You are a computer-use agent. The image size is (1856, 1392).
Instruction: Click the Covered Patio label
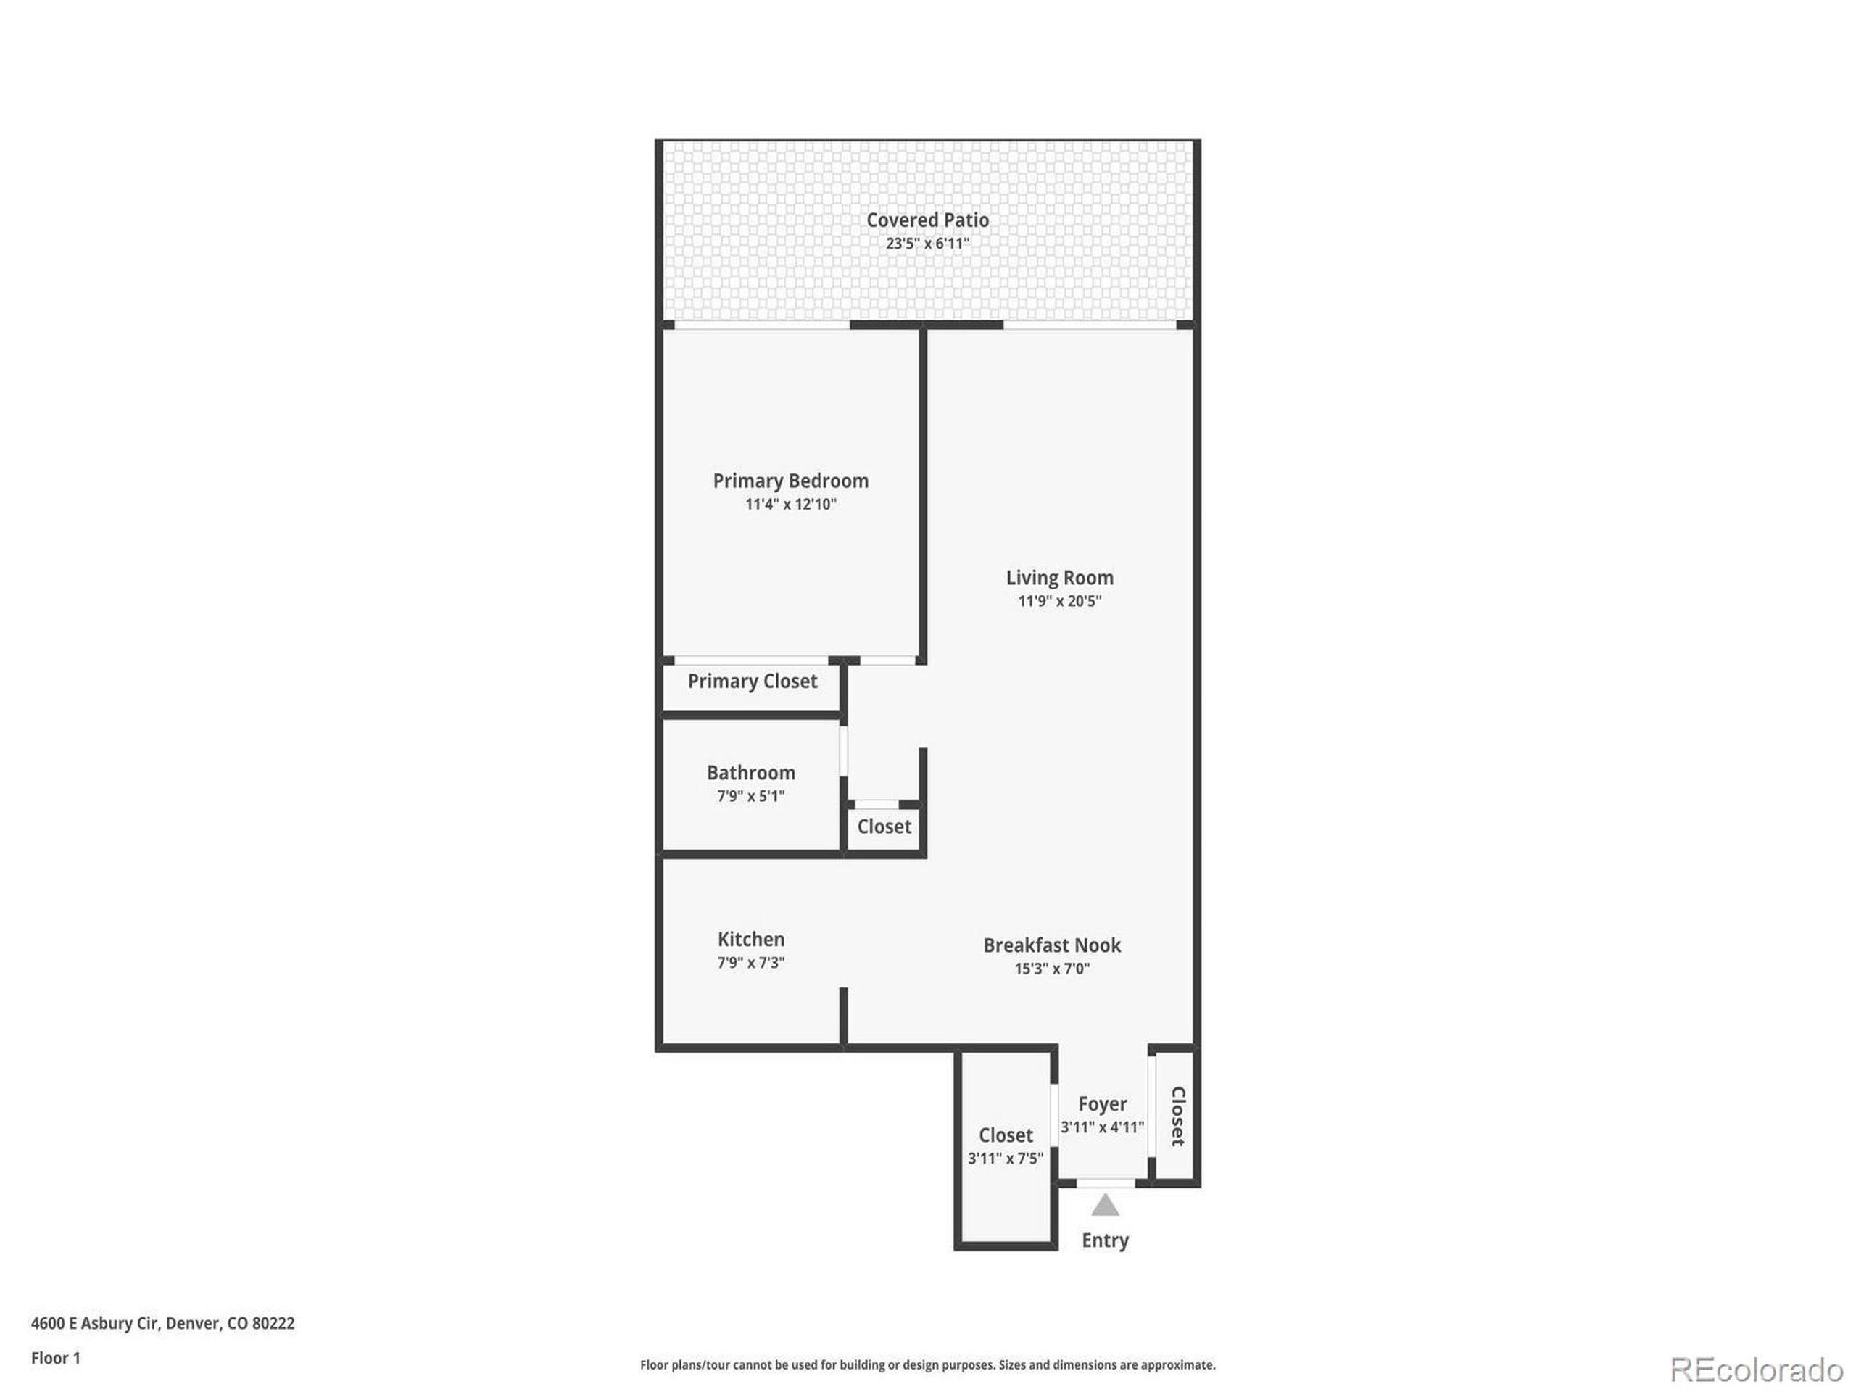click(x=927, y=220)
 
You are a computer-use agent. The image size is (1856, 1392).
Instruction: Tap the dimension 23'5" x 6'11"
click(x=927, y=244)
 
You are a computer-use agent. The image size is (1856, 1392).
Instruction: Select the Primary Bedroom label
click(x=790, y=481)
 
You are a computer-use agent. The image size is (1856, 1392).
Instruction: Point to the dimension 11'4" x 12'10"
click(x=790, y=505)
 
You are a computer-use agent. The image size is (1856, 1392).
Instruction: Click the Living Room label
click(x=1060, y=577)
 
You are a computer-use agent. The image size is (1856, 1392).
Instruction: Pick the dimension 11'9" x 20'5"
click(x=1060, y=601)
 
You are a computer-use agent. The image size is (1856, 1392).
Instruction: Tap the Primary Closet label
click(x=752, y=681)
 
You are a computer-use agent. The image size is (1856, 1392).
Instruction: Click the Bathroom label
click(x=750, y=773)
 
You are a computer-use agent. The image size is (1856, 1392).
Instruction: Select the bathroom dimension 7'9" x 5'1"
click(x=750, y=796)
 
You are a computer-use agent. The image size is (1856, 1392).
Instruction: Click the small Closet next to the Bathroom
click(x=884, y=827)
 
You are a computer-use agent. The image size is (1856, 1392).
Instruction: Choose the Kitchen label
click(x=751, y=940)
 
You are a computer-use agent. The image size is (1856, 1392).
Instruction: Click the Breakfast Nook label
click(x=1051, y=945)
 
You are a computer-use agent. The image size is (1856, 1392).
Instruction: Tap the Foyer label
click(x=1102, y=1104)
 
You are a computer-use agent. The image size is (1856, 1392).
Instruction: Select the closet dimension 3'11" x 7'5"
click(x=1005, y=1159)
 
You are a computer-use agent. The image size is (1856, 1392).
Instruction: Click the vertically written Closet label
click(x=1177, y=1116)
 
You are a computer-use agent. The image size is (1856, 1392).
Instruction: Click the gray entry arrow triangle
click(x=1105, y=1206)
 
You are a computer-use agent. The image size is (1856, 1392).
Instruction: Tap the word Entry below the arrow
click(x=1104, y=1240)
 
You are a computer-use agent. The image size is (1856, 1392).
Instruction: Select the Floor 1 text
click(x=55, y=1359)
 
